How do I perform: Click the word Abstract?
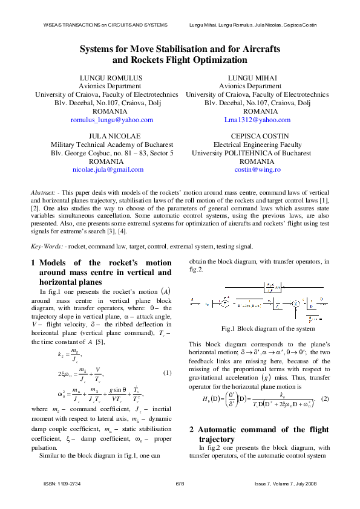point(43,192)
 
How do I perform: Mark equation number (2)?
point(325,399)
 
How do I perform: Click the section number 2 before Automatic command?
point(192,429)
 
